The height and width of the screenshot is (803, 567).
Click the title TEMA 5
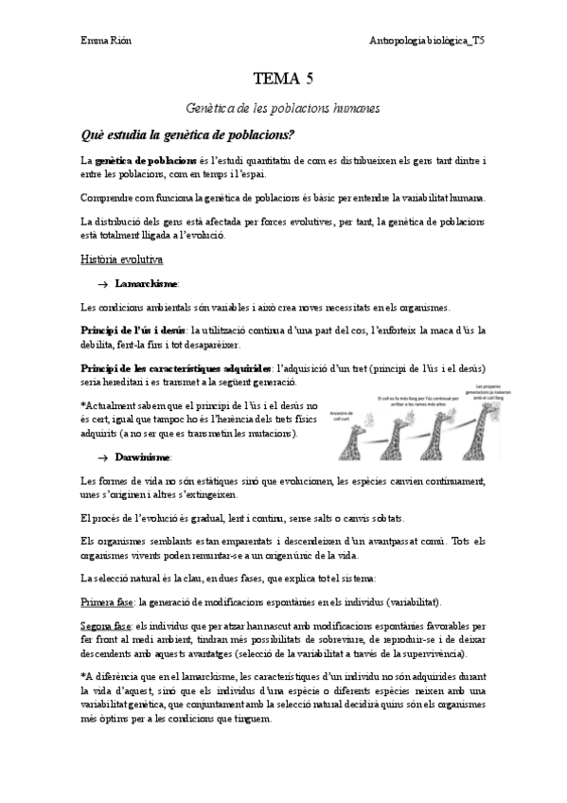[283, 79]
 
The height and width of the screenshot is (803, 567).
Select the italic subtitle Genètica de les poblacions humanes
[283, 109]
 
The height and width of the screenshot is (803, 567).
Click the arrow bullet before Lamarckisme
[103, 283]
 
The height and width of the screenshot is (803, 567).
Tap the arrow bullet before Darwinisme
[103, 456]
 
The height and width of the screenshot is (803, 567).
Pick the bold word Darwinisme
[143, 456]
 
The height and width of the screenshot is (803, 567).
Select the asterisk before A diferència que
[83, 675]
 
